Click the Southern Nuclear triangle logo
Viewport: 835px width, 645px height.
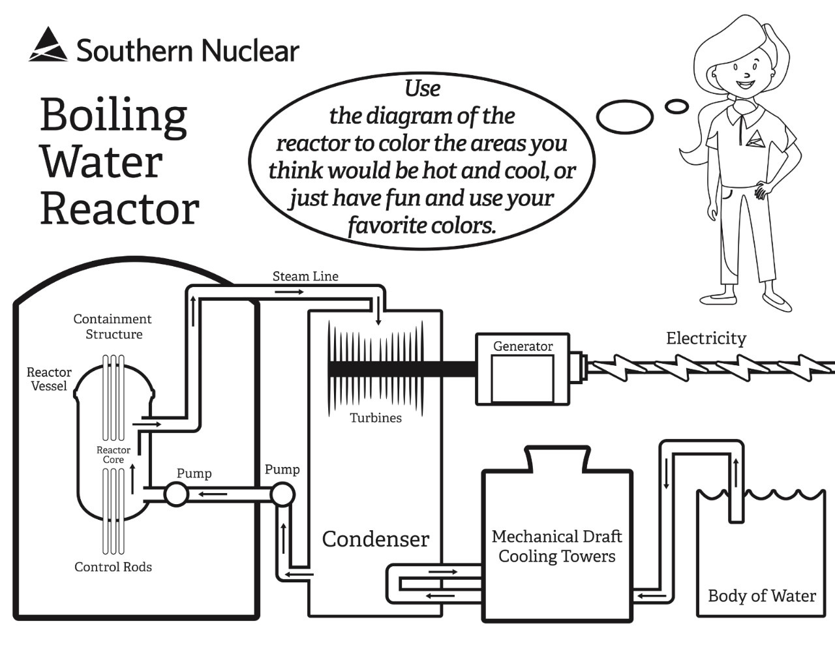(x=48, y=45)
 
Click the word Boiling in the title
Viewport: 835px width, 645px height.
(x=114, y=115)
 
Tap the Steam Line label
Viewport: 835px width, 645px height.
(x=305, y=277)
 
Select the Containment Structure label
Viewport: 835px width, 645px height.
(x=113, y=326)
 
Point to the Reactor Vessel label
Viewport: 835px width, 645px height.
(x=49, y=379)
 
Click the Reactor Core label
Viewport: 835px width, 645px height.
(x=114, y=455)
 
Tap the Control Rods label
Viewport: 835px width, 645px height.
(x=113, y=567)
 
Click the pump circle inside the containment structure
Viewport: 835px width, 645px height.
(x=176, y=494)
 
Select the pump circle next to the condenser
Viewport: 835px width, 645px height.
(x=282, y=494)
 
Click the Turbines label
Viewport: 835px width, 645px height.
(x=376, y=418)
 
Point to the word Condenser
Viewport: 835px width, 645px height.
(x=375, y=539)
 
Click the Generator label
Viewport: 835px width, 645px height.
(x=523, y=346)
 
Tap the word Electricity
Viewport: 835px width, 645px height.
(x=706, y=338)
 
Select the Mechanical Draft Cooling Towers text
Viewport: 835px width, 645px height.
(x=556, y=547)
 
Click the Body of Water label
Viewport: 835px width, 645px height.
(x=761, y=596)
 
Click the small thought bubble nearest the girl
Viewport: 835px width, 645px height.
(x=676, y=106)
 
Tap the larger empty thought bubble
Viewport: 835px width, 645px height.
(x=624, y=117)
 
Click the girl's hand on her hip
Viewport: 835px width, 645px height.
(x=761, y=190)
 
